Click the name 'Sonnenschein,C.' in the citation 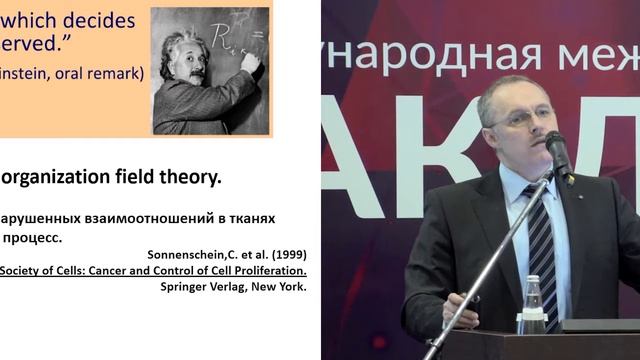coord(187,253)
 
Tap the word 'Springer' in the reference coord(185,287)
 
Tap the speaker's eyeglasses coord(520,117)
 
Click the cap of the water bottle coord(533,281)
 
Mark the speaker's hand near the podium coord(461,310)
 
